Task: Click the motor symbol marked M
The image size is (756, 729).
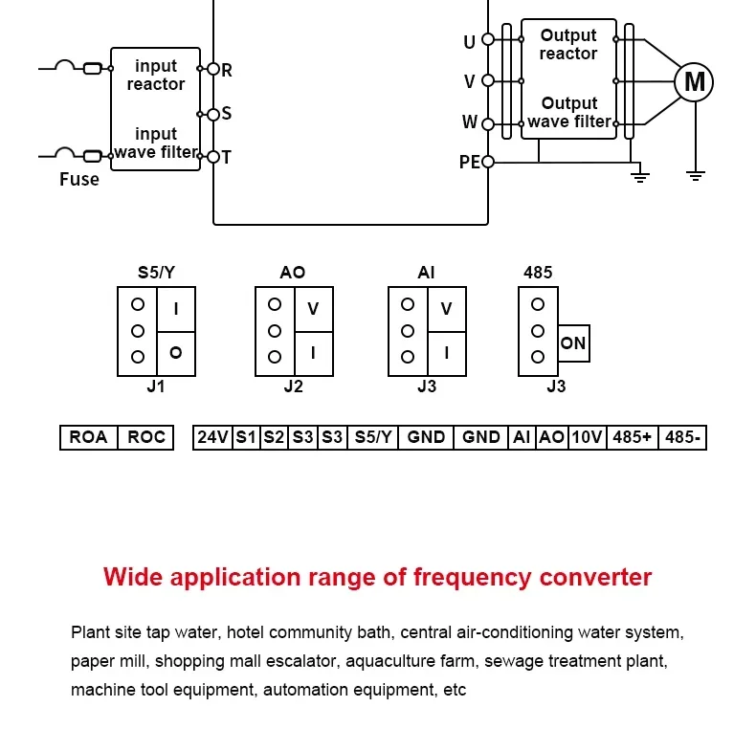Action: point(694,82)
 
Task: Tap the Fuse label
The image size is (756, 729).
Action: point(78,179)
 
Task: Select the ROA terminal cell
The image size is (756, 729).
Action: point(89,437)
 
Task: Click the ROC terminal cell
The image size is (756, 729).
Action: point(146,437)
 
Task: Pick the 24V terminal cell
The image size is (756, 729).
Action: point(212,437)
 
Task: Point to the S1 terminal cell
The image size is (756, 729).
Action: point(246,437)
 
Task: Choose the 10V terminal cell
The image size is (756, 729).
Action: point(587,437)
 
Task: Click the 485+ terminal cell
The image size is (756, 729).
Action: point(632,437)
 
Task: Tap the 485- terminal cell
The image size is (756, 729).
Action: point(682,437)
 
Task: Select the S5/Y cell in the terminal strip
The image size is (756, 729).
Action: point(372,437)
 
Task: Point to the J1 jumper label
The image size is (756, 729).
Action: point(156,387)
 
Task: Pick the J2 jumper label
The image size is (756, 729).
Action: point(293,387)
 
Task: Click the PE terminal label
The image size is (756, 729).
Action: point(469,163)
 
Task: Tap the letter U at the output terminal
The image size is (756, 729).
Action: point(469,42)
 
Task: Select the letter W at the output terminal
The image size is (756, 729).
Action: point(469,122)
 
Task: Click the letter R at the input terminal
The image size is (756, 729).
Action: point(227,70)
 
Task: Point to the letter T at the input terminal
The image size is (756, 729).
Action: point(227,157)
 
